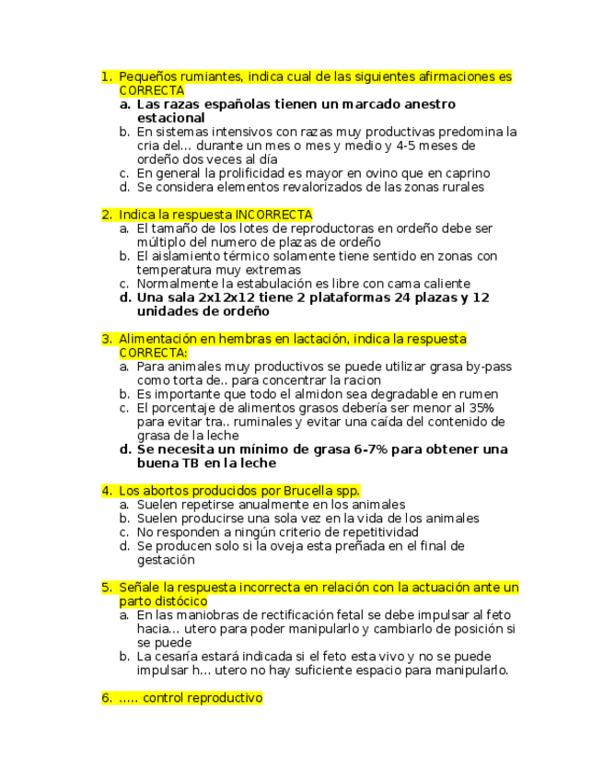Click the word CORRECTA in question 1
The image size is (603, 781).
(151, 90)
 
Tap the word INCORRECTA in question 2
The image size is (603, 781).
(274, 215)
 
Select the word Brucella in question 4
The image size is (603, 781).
(308, 491)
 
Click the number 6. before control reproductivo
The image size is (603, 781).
(107, 698)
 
